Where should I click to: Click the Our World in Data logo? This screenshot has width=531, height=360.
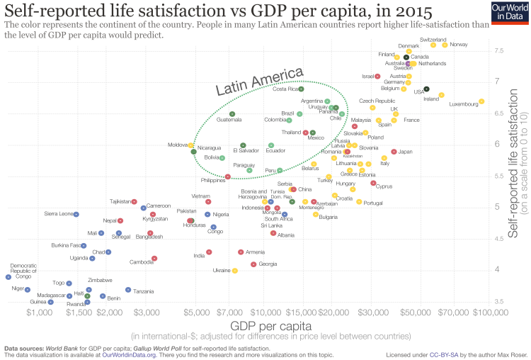tap(507, 13)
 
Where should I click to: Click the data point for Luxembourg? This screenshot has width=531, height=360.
tap(481, 101)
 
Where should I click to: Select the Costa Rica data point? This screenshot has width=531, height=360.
tap(301, 89)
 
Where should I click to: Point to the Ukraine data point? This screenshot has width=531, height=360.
tap(235, 271)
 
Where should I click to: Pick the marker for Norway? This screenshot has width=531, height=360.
tap(445, 45)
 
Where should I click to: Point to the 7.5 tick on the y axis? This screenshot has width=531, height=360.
tap(499, 50)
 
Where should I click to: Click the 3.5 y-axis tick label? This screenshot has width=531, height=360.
tap(499, 301)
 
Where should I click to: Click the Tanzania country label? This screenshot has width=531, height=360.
tap(143, 291)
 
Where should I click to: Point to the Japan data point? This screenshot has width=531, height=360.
tap(394, 152)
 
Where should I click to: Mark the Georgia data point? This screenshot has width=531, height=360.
tap(253, 264)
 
